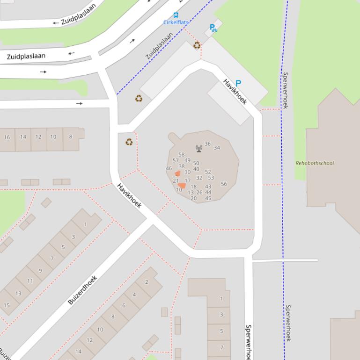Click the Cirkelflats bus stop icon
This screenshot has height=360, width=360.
(176, 15)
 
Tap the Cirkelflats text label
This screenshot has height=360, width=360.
(176, 22)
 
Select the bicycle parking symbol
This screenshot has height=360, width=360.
(213, 28)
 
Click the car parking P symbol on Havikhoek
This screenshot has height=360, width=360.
(238, 83)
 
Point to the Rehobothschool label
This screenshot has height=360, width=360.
(315, 163)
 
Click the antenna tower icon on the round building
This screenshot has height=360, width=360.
(199, 148)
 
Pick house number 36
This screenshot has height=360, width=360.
(207, 144)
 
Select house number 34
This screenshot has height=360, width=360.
(217, 148)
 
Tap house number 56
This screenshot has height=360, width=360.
(224, 184)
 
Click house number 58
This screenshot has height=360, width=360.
(182, 154)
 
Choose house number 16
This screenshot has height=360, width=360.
(7, 137)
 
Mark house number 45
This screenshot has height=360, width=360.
(208, 198)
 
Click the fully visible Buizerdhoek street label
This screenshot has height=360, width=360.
(82, 290)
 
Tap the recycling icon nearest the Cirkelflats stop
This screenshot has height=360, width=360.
(197, 45)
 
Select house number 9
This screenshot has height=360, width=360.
(40, 270)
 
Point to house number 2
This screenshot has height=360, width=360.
(147, 282)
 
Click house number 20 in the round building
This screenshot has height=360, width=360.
(193, 198)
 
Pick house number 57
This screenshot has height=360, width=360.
(176, 160)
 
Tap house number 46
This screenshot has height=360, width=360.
(169, 168)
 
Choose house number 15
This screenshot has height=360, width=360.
(7, 305)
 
